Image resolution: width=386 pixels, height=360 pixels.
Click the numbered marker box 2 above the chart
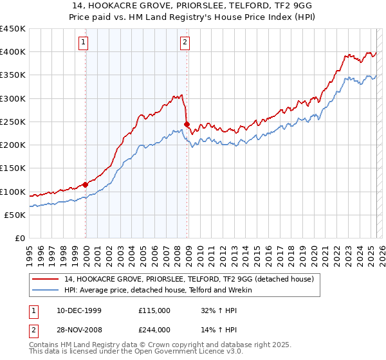coord(185,43)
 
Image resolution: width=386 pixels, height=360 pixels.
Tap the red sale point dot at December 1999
coord(86,184)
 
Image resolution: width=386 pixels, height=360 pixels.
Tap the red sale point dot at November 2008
coord(187,124)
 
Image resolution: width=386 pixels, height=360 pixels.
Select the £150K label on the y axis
coord(13,168)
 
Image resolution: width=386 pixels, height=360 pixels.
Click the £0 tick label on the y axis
coord(19,239)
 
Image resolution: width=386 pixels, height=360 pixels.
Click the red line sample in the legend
coord(46,279)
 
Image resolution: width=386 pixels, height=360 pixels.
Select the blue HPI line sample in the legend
coord(46,290)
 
